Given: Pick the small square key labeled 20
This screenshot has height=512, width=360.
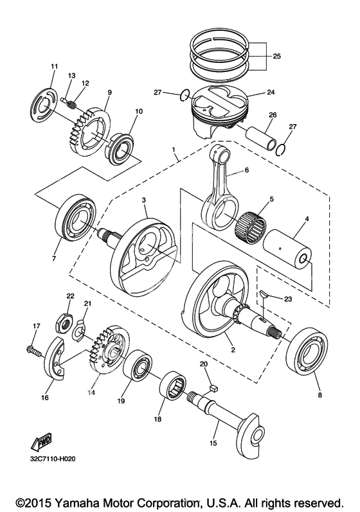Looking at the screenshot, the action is (x=213, y=388).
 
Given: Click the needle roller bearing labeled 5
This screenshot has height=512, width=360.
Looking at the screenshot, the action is (x=250, y=228).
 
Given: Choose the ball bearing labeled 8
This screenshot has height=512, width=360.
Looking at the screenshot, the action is (x=307, y=352).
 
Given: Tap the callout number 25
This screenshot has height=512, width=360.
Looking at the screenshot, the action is (x=276, y=56).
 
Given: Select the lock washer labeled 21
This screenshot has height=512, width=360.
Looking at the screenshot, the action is (x=79, y=331).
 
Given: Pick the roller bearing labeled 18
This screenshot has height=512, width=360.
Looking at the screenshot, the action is (x=173, y=385).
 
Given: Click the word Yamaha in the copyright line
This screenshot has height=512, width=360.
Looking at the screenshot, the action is (x=78, y=502).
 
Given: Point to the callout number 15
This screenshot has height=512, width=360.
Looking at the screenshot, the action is (x=213, y=443).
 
